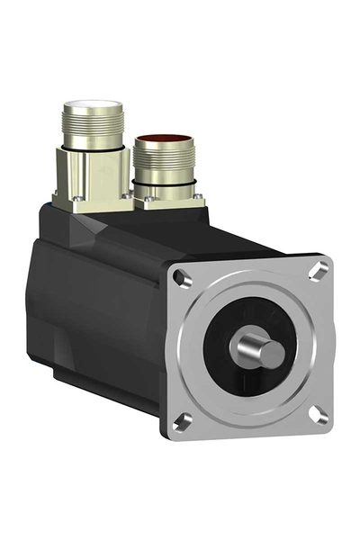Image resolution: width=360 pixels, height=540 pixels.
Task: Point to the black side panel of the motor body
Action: pyautogui.click(x=99, y=306)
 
